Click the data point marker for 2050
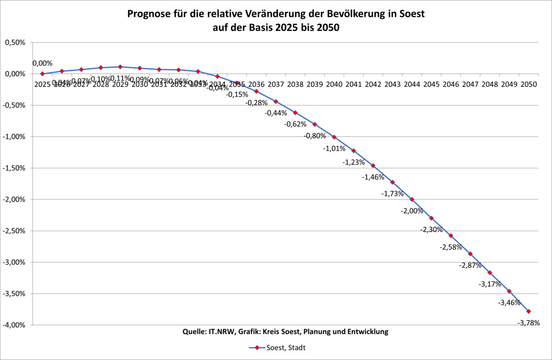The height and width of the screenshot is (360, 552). (528, 311)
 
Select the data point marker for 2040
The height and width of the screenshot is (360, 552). (334, 137)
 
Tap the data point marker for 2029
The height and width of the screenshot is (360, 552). (120, 67)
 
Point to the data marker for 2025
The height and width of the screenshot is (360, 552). (42, 74)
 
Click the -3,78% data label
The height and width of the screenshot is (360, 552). (528, 323)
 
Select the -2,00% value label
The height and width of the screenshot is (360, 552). (412, 211)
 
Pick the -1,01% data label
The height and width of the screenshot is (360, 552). (334, 149)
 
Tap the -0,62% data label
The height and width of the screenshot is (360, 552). (295, 124)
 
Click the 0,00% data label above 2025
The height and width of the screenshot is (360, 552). (42, 63)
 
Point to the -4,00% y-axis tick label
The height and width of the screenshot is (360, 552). (15, 325)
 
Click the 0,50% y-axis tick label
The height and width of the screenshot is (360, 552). (16, 43)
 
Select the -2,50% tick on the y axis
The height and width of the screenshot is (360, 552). (15, 231)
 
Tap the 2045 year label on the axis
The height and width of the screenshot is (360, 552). (432, 85)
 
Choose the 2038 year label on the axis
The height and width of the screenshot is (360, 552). (295, 85)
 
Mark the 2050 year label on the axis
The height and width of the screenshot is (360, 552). (528, 85)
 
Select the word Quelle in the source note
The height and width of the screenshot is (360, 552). (194, 332)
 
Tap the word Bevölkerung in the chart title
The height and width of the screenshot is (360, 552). (358, 14)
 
